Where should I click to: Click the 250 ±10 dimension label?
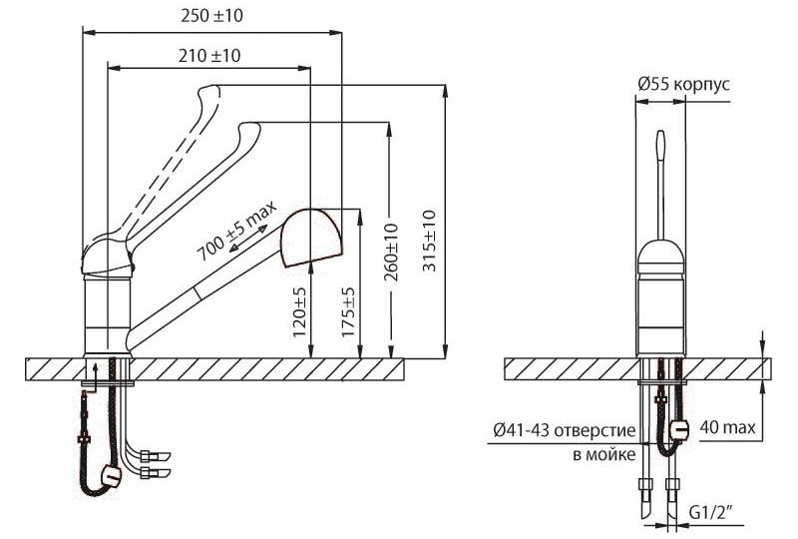211,16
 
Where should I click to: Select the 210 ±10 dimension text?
209,55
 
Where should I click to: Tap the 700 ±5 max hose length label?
236,231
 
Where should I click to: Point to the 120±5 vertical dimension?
300,311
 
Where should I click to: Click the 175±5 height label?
347,311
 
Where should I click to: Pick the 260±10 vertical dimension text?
391,253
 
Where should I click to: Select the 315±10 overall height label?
430,241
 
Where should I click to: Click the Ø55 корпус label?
683,84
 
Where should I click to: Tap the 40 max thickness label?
728,427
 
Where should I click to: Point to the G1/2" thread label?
711,511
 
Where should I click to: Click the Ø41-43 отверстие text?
565,430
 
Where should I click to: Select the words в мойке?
604,454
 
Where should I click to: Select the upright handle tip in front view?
660,134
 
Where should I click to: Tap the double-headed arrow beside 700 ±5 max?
247,239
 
